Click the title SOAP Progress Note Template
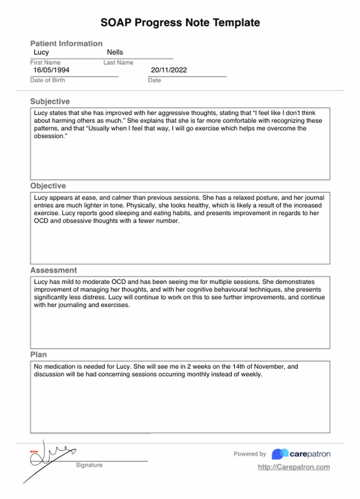click(x=180, y=23)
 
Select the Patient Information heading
click(x=66, y=43)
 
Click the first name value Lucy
click(x=41, y=52)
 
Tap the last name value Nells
click(x=115, y=52)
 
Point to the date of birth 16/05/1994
click(x=51, y=70)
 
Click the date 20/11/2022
click(x=169, y=70)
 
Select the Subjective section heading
click(x=50, y=101)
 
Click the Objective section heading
click(x=48, y=186)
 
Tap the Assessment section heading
click(x=53, y=270)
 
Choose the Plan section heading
click(x=39, y=355)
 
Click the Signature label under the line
click(x=89, y=465)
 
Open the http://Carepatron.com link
click(x=294, y=467)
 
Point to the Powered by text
click(x=250, y=454)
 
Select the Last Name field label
click(x=118, y=63)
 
